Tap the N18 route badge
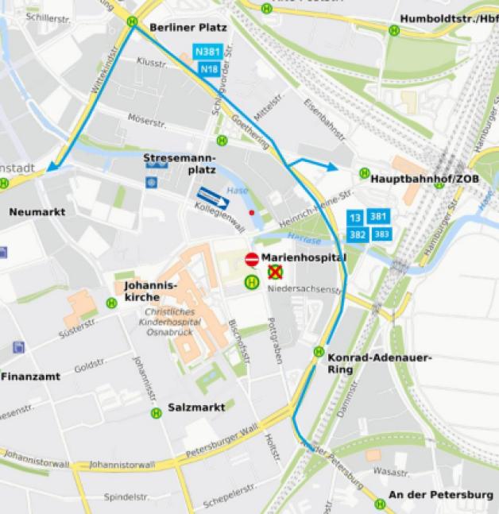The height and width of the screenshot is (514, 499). pos(208,69)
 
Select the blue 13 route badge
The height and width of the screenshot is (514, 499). pos(355,217)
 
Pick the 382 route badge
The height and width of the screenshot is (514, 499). pos(358,234)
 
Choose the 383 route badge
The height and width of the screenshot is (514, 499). pos(381,234)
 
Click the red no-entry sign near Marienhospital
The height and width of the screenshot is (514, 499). pos(251,259)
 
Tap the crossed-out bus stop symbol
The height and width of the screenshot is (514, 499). pos(275,272)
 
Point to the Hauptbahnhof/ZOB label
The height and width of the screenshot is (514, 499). pos(425,179)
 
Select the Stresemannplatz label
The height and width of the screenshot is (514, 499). pos(179,164)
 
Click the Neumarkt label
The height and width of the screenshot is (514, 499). pos(37,212)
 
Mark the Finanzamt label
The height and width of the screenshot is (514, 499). pos(30,376)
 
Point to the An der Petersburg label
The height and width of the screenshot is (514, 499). pos(439,495)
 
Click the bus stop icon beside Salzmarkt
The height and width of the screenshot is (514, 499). pos(157,412)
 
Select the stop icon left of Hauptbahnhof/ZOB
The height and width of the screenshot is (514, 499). pos(364,173)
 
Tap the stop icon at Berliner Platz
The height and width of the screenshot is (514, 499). pos(132,22)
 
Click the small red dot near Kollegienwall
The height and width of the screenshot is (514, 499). pos(252,213)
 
